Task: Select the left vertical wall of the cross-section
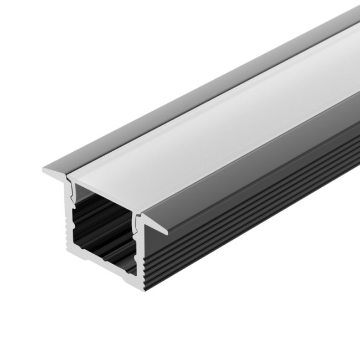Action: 70,222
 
